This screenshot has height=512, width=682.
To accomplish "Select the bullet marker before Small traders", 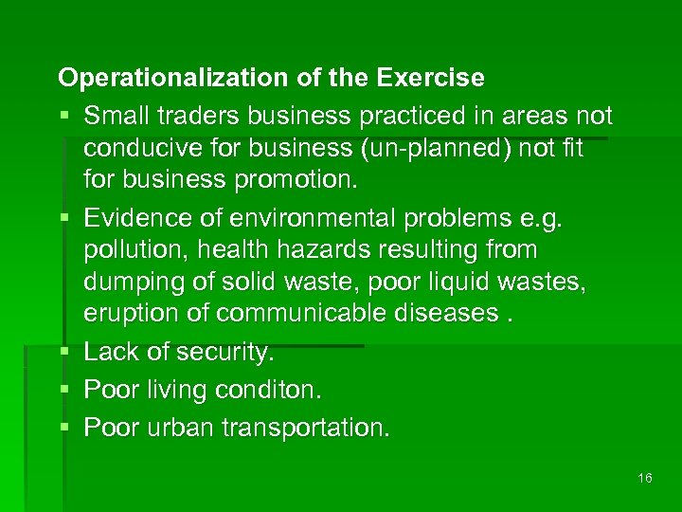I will [x=64, y=117].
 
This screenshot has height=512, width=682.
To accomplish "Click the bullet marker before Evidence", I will [x=64, y=217].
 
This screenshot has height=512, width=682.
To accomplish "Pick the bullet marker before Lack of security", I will [x=64, y=353].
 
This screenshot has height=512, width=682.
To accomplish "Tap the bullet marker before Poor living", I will [x=64, y=390].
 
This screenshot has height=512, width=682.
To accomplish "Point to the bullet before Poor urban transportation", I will [x=64, y=428].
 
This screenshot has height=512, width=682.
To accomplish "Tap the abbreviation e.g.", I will [x=537, y=217].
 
